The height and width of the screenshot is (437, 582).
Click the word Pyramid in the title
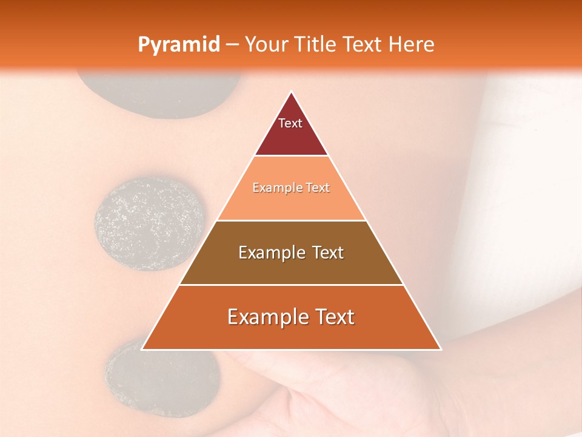point(178,44)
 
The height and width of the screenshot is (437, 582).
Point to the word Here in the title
point(412,44)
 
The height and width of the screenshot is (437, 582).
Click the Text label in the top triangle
point(290,123)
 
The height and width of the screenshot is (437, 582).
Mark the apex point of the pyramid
point(291,92)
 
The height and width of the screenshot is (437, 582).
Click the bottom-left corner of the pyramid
point(142,350)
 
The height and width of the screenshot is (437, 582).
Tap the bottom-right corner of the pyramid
point(440,350)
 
